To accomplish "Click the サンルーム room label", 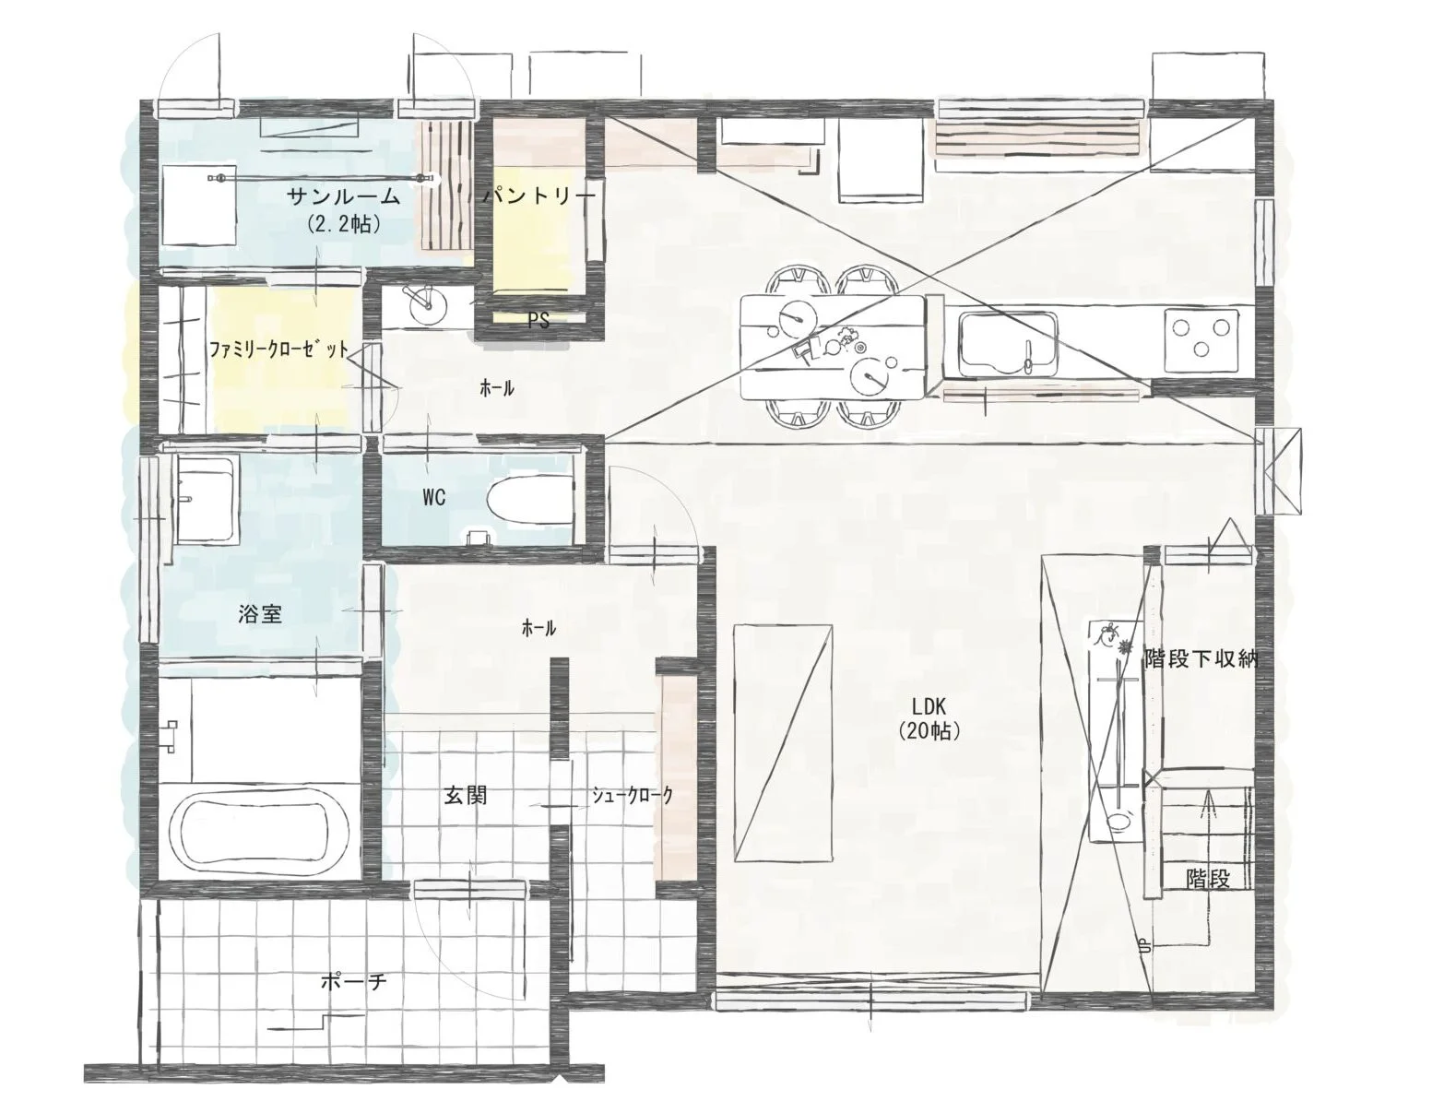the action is tap(344, 196).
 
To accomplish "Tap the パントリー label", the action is tap(539, 195).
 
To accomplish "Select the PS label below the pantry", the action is tap(538, 320).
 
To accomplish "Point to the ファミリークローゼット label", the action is tap(278, 349).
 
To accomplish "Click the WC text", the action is tap(434, 498).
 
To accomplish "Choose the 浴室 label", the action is tap(260, 614).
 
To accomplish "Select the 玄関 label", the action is tap(466, 796).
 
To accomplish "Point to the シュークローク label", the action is tap(632, 796).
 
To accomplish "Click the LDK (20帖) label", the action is tap(929, 718).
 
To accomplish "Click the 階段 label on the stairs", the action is tap(1208, 879).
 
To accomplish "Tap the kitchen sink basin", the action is tap(1007, 343).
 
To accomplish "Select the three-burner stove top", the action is tap(1198, 341).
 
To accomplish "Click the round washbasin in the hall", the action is tap(424, 303).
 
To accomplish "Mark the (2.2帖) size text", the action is tap(344, 225).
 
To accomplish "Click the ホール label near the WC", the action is tap(497, 389).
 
